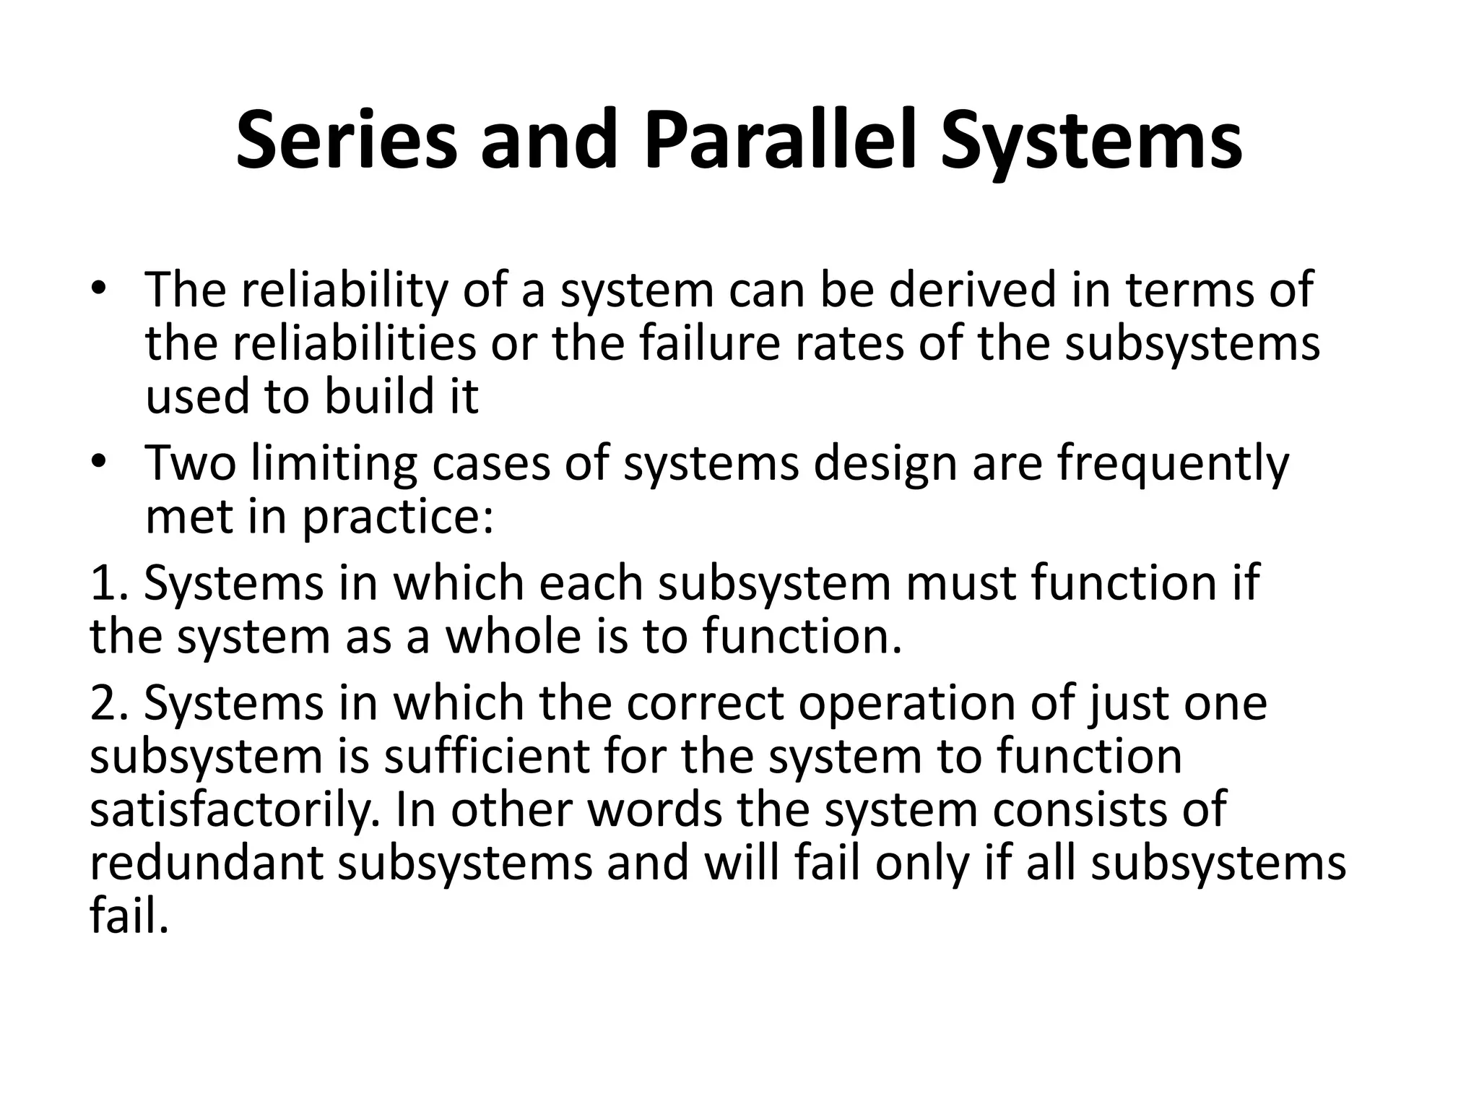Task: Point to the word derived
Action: click(x=971, y=290)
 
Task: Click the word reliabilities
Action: click(x=354, y=344)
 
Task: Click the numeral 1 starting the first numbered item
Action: click(x=101, y=583)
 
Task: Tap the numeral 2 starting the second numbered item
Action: click(x=102, y=703)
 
